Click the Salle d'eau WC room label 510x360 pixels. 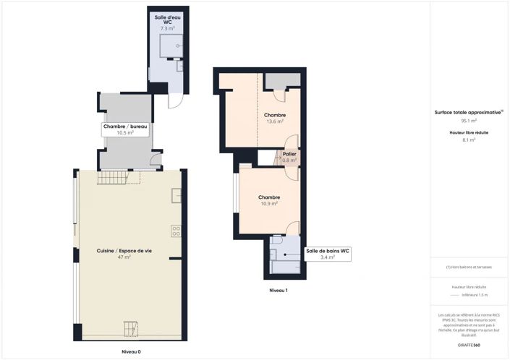[x=168, y=19]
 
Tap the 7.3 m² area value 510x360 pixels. [x=168, y=27]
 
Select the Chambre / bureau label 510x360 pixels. [x=125, y=127]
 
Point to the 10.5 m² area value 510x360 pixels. [x=125, y=133]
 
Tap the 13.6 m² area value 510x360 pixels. [x=275, y=121]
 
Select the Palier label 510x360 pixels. [x=289, y=154]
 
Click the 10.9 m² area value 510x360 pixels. [x=269, y=204]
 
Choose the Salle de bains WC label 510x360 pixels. [x=328, y=251]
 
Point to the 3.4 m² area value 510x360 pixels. [x=328, y=257]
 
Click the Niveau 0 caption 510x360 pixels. [x=131, y=351]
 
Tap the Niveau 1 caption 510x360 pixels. [x=278, y=290]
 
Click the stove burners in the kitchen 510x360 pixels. [x=176, y=231]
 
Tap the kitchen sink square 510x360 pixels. [x=176, y=195]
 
